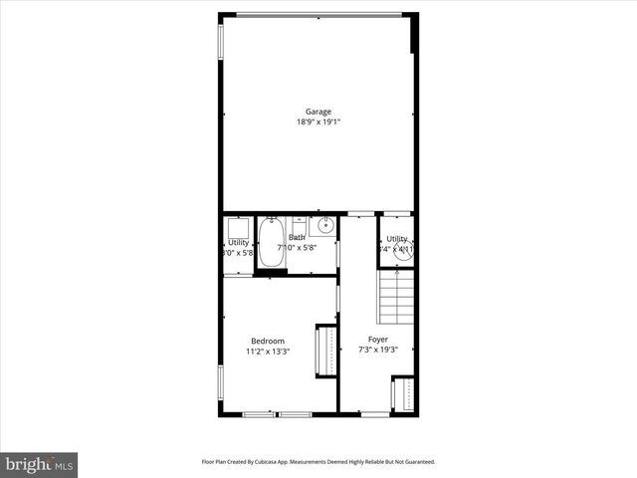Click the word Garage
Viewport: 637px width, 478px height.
[318, 112]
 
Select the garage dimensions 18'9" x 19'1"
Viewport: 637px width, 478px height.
[318, 122]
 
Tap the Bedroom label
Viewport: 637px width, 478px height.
[268, 341]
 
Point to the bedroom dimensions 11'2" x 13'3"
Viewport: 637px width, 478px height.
[268, 352]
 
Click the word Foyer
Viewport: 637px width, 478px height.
[378, 340]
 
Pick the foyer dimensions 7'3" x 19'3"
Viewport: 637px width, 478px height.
[378, 351]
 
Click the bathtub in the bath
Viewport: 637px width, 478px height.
[271, 243]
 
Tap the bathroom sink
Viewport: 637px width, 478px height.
[328, 227]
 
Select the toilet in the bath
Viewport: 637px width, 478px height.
[299, 227]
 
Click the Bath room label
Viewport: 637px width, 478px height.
[297, 238]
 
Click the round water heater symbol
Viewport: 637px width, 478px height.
[403, 251]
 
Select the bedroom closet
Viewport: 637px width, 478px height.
[325, 352]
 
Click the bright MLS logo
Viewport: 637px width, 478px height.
[39, 464]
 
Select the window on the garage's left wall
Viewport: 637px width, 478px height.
[221, 41]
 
